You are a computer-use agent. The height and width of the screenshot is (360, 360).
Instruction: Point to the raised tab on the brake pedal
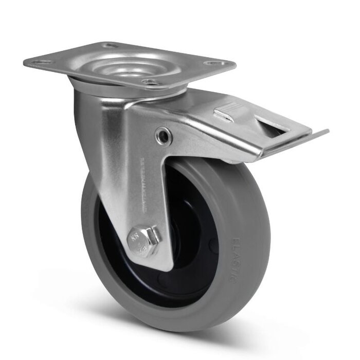[x=225, y=114]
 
